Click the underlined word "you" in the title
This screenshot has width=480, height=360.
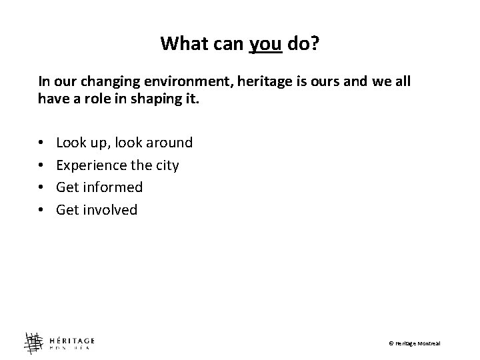pyautogui.click(x=267, y=44)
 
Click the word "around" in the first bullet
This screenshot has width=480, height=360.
pyautogui.click(x=169, y=143)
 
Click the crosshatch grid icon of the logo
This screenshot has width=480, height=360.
pyautogui.click(x=33, y=342)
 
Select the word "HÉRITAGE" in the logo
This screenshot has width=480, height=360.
pyautogui.click(x=71, y=337)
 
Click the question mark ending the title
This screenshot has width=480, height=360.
pyautogui.click(x=315, y=44)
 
